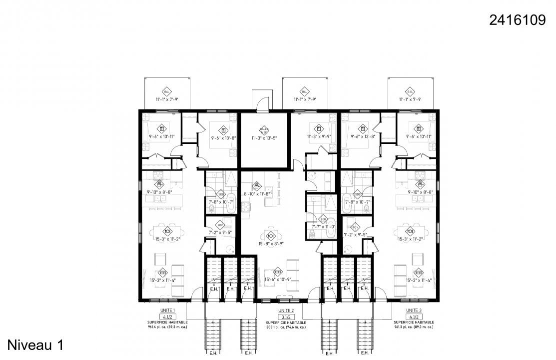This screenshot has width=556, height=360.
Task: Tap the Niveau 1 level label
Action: click(x=35, y=344)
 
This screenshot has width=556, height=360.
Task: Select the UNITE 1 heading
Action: click(x=167, y=310)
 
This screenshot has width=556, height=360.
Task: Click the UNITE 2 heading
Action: click(x=286, y=310)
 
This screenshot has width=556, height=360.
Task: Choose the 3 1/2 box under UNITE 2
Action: click(x=286, y=317)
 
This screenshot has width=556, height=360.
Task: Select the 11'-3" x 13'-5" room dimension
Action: click(x=264, y=137)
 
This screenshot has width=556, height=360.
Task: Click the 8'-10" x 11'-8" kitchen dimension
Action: click(x=256, y=193)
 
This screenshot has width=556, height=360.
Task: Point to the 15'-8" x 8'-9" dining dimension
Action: click(x=271, y=243)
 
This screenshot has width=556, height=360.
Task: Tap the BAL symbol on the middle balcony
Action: click(x=304, y=92)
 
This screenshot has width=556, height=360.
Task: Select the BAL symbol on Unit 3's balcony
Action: click(x=410, y=92)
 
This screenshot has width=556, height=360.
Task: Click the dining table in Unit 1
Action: click(x=167, y=231)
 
